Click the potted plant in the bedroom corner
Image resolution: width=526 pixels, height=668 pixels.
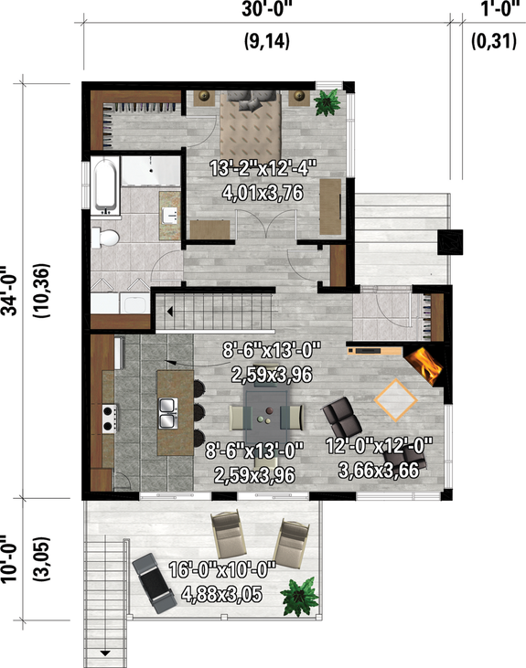[x=325, y=102]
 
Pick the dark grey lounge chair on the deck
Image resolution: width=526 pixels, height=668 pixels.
[x=153, y=582]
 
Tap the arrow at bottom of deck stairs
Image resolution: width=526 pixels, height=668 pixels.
[x=106, y=652]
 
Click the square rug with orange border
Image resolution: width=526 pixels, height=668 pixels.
[x=397, y=399]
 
